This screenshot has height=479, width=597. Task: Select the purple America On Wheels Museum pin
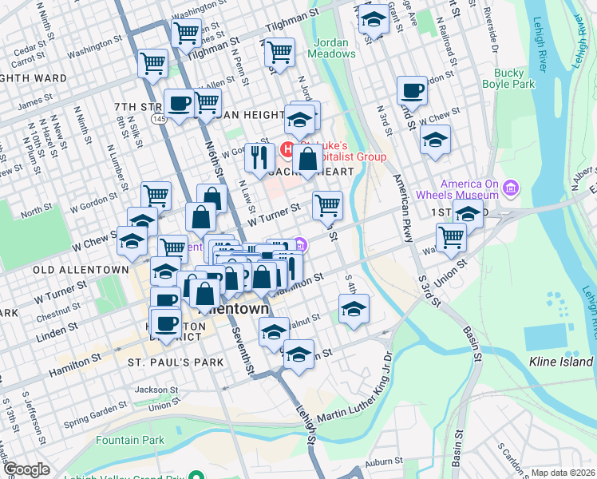(510, 189)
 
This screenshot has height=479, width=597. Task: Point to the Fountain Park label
(130, 440)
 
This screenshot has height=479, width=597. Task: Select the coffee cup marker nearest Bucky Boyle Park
(413, 91)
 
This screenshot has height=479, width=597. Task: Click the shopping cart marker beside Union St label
(452, 236)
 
